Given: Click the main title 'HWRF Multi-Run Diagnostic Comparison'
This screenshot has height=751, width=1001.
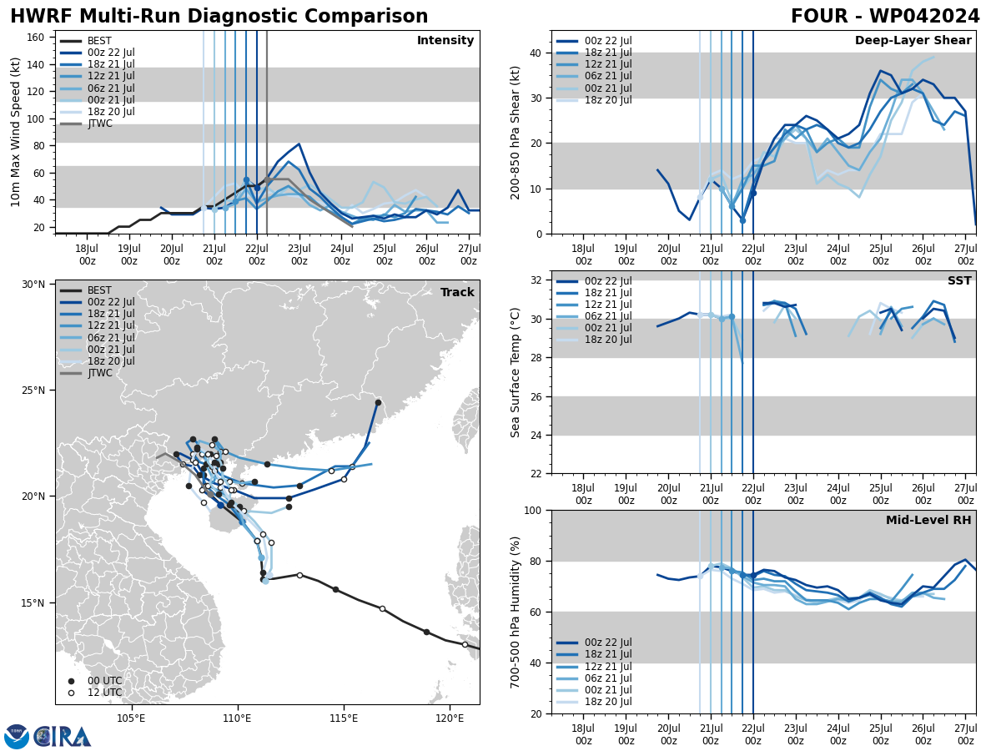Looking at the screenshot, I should pyautogui.click(x=219, y=17).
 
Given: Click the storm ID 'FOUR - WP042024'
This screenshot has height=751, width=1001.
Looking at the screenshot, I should pyautogui.click(x=885, y=17).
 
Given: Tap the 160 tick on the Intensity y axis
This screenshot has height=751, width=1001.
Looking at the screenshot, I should pyautogui.click(x=37, y=37).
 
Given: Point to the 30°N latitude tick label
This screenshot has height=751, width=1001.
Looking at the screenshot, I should pyautogui.click(x=33, y=285).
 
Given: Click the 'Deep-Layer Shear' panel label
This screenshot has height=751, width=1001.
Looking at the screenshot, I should pyautogui.click(x=913, y=41).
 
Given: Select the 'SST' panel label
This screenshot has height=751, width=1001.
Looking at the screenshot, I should pyautogui.click(x=959, y=281).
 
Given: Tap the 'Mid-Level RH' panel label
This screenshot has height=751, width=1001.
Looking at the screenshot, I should pyautogui.click(x=928, y=521).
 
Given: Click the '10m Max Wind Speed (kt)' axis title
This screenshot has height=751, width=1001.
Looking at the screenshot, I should pyautogui.click(x=16, y=132).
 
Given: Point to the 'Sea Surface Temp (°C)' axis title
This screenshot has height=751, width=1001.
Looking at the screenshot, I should pyautogui.click(x=516, y=372).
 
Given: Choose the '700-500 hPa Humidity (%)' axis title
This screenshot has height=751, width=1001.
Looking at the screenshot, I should pyautogui.click(x=516, y=612).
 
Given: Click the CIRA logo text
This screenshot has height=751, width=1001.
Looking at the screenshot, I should pyautogui.click(x=62, y=736).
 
